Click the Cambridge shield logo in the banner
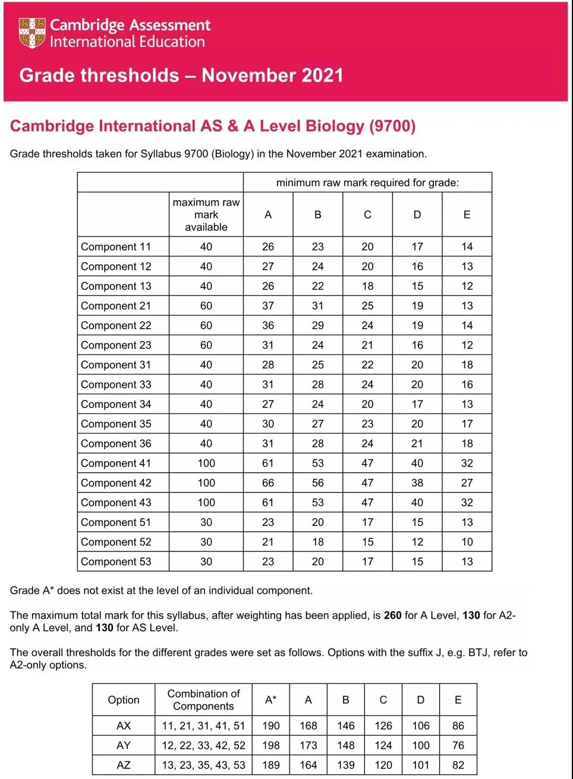click(32, 33)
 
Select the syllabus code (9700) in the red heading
click(392, 126)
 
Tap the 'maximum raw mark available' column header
click(206, 215)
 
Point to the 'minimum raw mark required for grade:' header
click(367, 182)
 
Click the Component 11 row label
click(116, 247)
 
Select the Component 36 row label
click(116, 443)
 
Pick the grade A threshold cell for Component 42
click(268, 482)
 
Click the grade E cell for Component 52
click(467, 542)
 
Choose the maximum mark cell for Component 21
click(206, 305)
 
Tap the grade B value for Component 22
click(318, 325)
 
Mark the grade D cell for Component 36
click(417, 443)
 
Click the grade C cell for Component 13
click(368, 286)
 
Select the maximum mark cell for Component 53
click(206, 562)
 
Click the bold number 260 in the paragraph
click(393, 615)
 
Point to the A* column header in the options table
click(270, 699)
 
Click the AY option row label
click(124, 745)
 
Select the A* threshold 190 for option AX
click(270, 726)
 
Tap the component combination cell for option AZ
click(203, 765)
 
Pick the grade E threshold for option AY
click(458, 745)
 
